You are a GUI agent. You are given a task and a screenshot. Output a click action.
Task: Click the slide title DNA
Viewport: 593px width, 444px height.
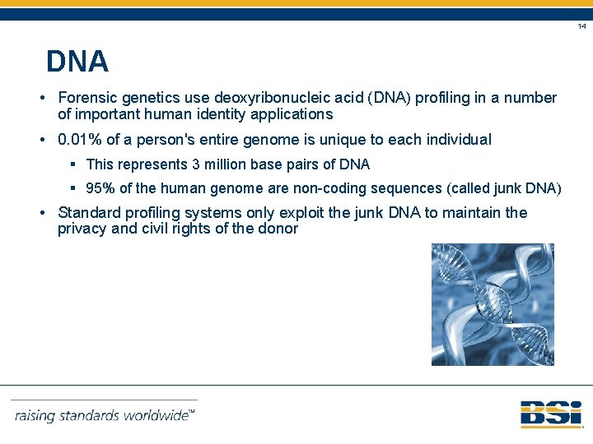click(x=77, y=62)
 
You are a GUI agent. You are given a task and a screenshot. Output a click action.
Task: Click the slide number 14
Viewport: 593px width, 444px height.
click(x=581, y=27)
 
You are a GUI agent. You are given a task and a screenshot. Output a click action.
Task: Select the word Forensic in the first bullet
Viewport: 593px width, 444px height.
click(x=88, y=98)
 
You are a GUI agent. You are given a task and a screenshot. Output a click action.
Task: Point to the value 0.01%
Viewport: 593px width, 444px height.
click(x=80, y=140)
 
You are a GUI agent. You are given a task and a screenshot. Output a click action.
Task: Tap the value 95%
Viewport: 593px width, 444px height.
click(x=100, y=189)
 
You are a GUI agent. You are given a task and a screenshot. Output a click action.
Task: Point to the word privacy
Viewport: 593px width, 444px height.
click(x=82, y=229)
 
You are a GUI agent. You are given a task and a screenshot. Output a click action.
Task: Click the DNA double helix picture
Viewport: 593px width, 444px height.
click(x=493, y=304)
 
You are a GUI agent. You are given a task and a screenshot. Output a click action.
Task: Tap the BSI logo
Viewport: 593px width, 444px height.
click(x=550, y=413)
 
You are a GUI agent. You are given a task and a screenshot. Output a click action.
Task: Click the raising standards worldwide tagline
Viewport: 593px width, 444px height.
click(x=105, y=415)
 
